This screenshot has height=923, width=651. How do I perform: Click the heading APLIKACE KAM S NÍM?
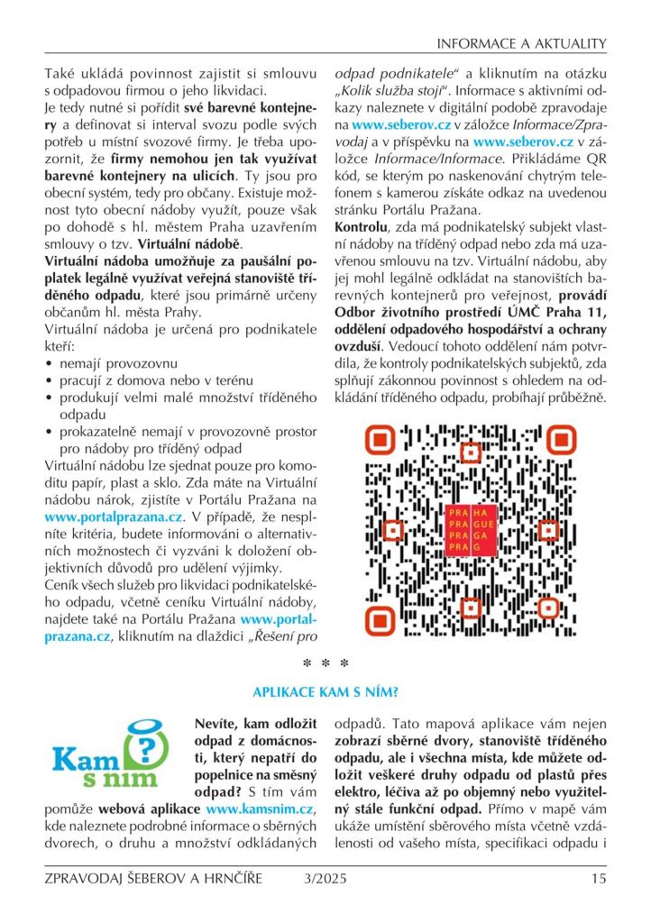click(325, 691)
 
